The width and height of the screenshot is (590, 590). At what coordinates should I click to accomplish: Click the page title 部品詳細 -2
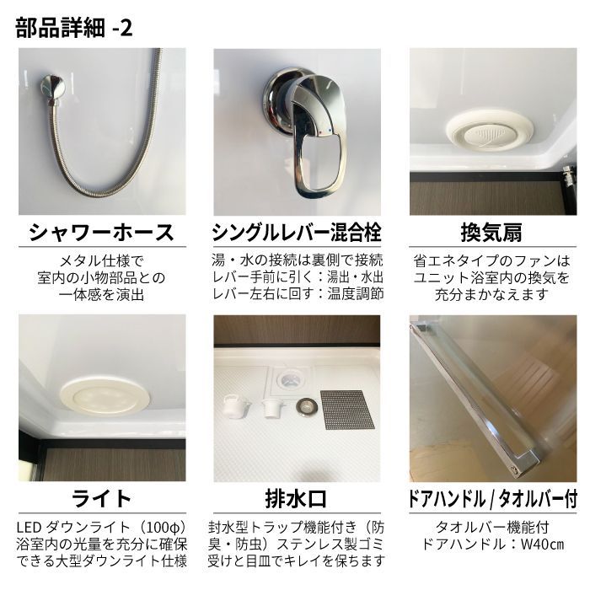click(x=74, y=28)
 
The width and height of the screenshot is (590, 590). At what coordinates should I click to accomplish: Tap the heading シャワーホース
click(x=102, y=233)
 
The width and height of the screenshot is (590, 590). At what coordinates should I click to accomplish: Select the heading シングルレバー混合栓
click(x=297, y=233)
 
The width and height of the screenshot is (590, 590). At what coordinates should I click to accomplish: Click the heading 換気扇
click(x=491, y=233)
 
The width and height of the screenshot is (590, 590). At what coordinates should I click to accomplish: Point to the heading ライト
click(x=102, y=499)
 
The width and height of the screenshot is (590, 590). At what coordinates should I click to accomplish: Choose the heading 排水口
click(x=296, y=499)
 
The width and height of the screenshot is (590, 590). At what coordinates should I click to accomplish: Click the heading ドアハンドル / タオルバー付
click(x=492, y=499)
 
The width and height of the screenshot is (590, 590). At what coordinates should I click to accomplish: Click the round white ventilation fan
click(x=491, y=133)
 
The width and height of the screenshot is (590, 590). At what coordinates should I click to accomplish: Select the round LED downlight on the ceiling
click(x=105, y=396)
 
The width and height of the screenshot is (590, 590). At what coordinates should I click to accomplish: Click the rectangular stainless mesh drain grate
click(x=347, y=410)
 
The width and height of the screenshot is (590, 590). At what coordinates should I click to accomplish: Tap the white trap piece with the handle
click(x=237, y=405)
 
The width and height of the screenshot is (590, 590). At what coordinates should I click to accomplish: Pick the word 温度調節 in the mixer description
click(x=355, y=293)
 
